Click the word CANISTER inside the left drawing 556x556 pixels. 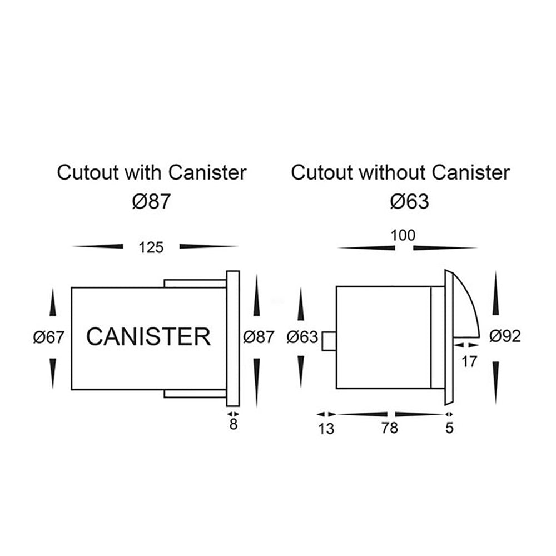click(x=149, y=337)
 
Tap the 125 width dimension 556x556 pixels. click(x=151, y=247)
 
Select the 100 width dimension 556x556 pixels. click(x=403, y=235)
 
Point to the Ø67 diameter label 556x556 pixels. click(x=49, y=337)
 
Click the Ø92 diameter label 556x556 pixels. click(x=505, y=336)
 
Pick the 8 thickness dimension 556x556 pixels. click(x=234, y=425)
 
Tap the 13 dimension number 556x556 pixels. click(x=327, y=429)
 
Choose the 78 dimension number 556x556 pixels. click(x=390, y=428)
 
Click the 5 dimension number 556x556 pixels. click(x=450, y=428)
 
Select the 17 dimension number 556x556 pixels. click(x=469, y=362)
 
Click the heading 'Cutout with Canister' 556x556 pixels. click(x=152, y=172)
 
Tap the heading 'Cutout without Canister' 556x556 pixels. click(x=400, y=172)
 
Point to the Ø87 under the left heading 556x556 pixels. click(x=151, y=201)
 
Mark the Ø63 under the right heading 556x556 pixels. click(x=409, y=201)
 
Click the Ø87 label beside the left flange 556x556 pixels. click(x=259, y=337)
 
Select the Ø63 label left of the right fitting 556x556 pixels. click(x=302, y=337)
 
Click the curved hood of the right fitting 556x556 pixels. click(x=466, y=311)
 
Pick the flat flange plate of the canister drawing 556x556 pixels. click(x=233, y=339)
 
